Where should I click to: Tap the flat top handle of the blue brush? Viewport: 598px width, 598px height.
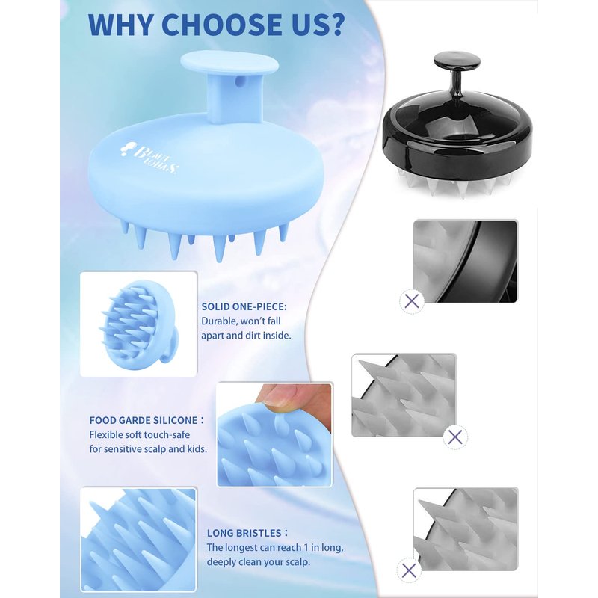coord(229,64)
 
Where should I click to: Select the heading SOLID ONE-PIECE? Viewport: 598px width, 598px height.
coord(244,306)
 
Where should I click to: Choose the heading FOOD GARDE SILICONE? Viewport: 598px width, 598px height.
coord(144,420)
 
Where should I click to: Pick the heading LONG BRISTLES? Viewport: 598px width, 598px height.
coord(244,533)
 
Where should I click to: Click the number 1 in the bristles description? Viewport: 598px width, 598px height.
coord(306,548)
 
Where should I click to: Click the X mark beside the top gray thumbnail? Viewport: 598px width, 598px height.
coord(412,301)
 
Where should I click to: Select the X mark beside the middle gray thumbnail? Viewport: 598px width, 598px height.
coord(455,437)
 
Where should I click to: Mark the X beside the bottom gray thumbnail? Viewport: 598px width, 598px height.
coord(409,570)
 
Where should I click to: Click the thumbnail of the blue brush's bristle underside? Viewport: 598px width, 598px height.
coord(138,324)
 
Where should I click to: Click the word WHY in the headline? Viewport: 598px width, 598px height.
coord(121,25)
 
